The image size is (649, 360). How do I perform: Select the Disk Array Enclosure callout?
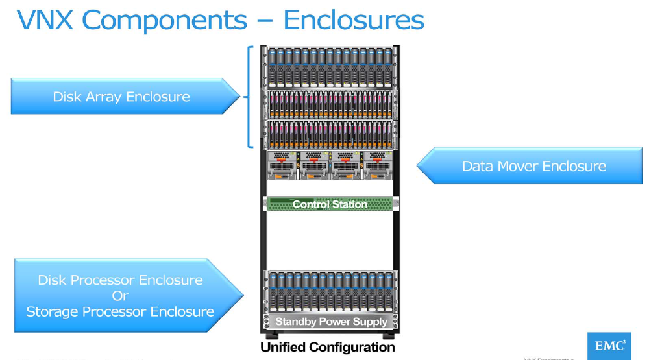pos(122,97)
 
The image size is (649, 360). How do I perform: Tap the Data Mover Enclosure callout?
pos(533,166)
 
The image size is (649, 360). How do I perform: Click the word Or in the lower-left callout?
pos(120,296)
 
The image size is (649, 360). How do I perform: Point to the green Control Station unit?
pos(330,204)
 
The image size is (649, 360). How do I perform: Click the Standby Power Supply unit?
pos(330,322)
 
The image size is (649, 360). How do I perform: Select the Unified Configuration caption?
pos(327,348)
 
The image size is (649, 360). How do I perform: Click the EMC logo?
pos(608,346)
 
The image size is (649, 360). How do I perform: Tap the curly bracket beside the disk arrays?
pos(249,97)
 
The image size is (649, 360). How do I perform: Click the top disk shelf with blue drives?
pos(330,67)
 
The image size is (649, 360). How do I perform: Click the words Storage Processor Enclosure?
pos(120,311)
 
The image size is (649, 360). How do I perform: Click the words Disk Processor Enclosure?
pos(120,280)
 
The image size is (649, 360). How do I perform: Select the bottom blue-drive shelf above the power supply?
pos(330,292)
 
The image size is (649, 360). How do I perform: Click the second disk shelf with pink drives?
pos(330,134)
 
